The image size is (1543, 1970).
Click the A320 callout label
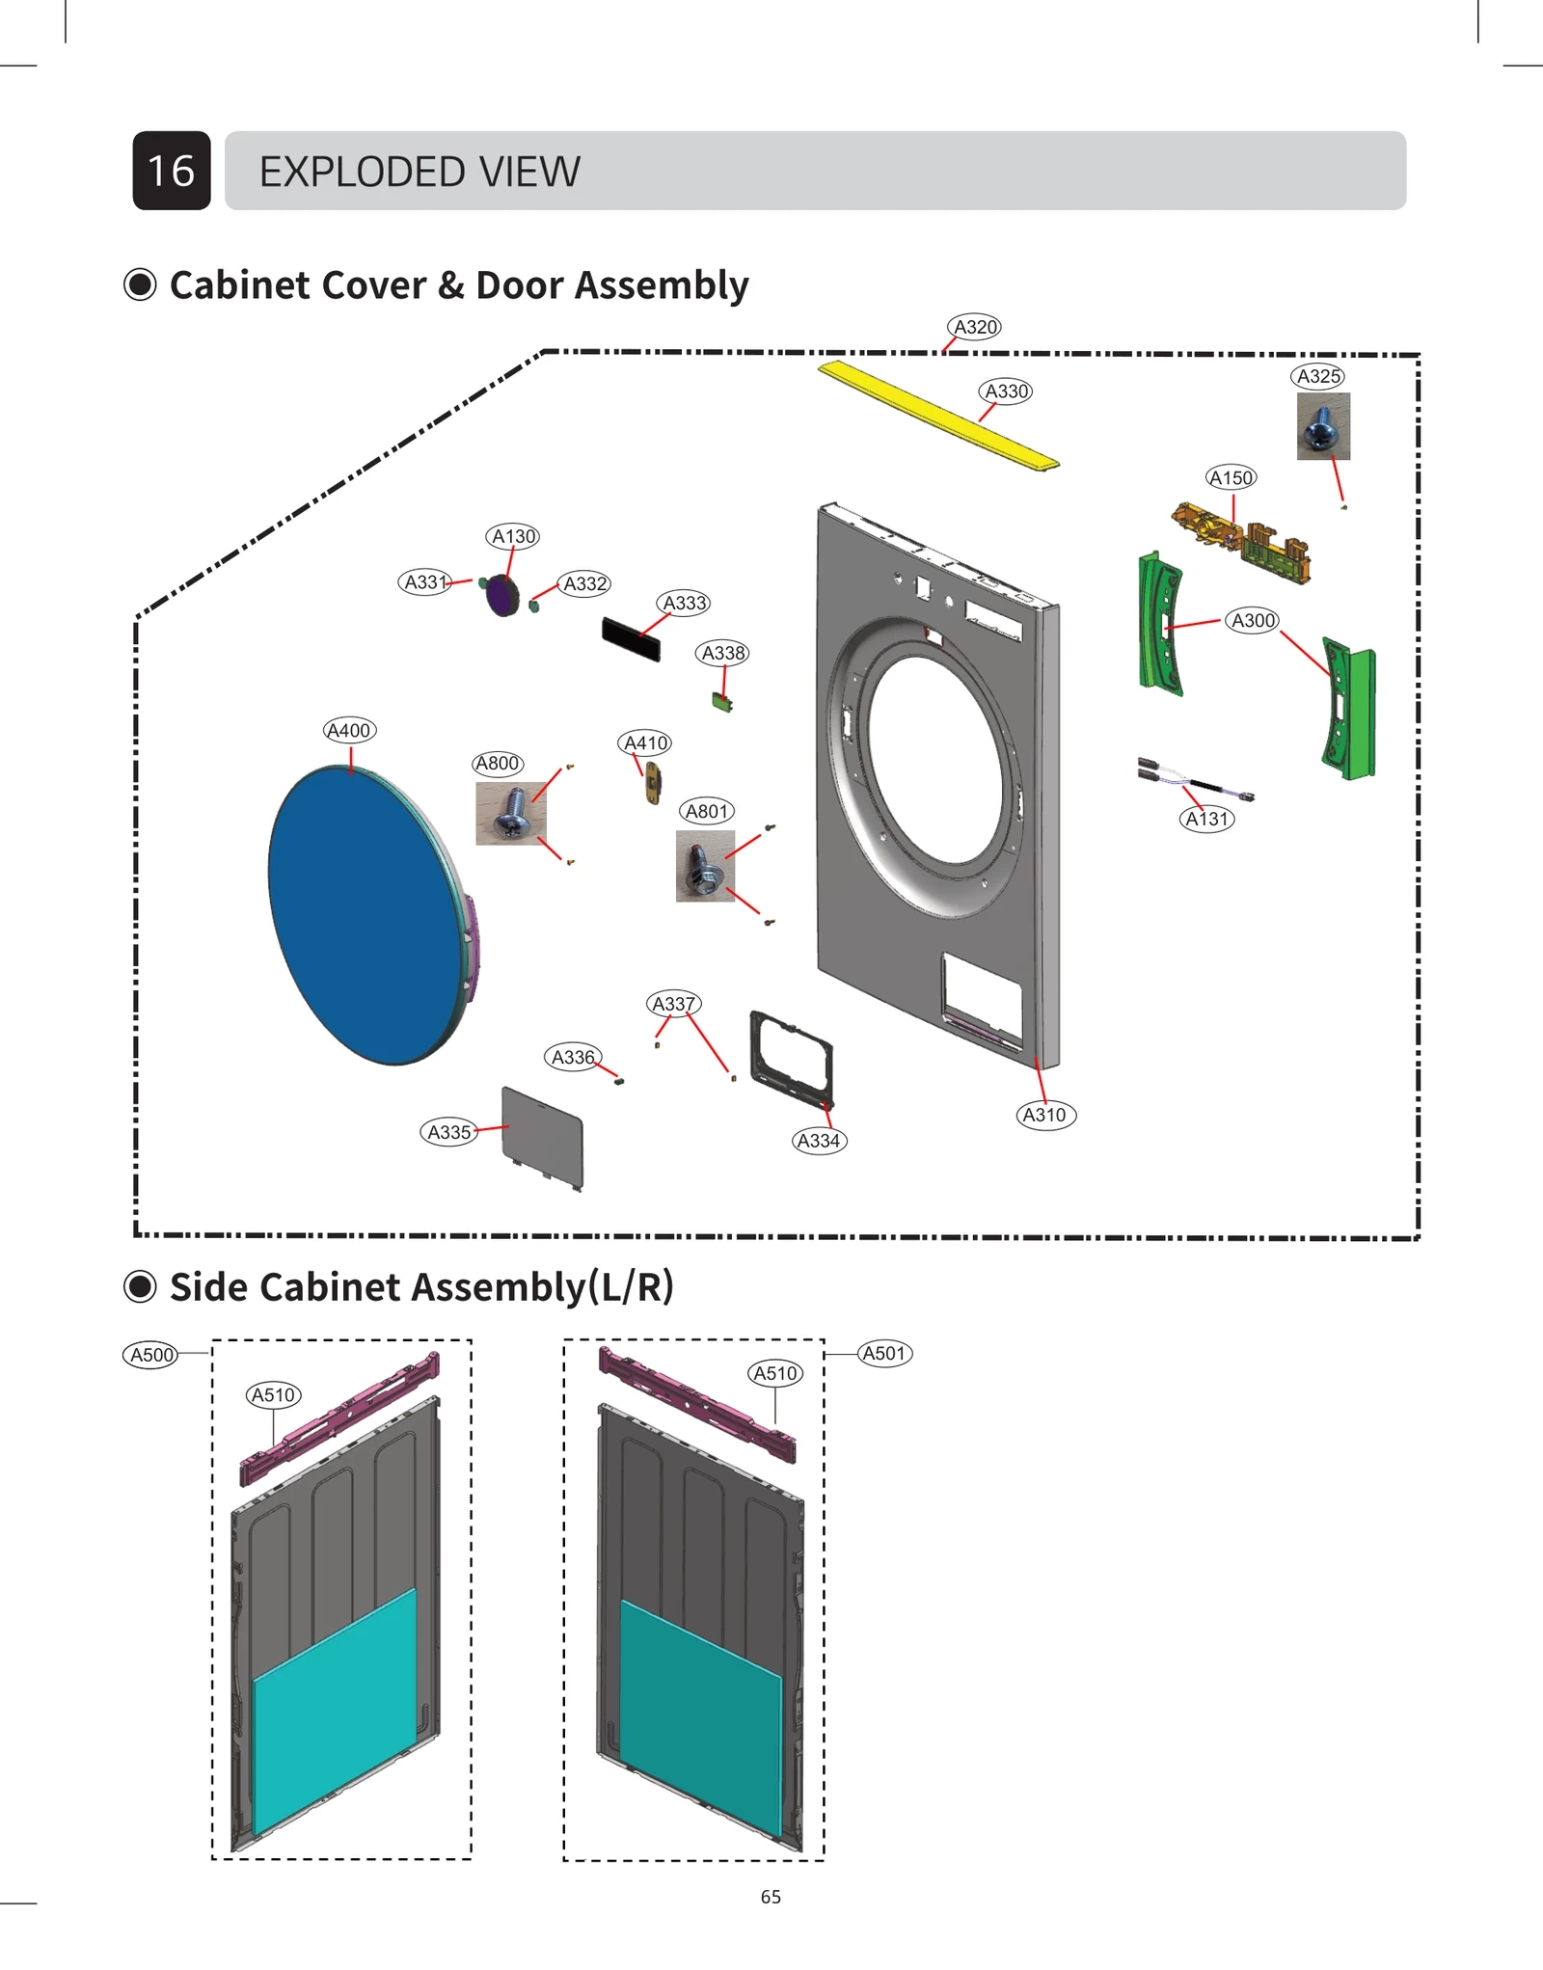974,327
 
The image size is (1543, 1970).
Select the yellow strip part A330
937,415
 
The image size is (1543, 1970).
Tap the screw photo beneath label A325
1322,426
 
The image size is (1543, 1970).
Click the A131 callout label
1206,819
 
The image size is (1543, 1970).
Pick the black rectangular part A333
631,638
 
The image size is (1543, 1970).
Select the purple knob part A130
501,595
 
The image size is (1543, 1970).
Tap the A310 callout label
1044,1115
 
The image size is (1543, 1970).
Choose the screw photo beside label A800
510,813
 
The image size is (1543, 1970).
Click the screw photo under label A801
705,866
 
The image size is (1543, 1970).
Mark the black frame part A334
791,1058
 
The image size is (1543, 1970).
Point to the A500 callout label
151,1355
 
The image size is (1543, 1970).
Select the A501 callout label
883,1353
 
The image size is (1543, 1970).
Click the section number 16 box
172,171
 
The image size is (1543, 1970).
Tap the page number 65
771,1896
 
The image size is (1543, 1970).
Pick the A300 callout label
1253,620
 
